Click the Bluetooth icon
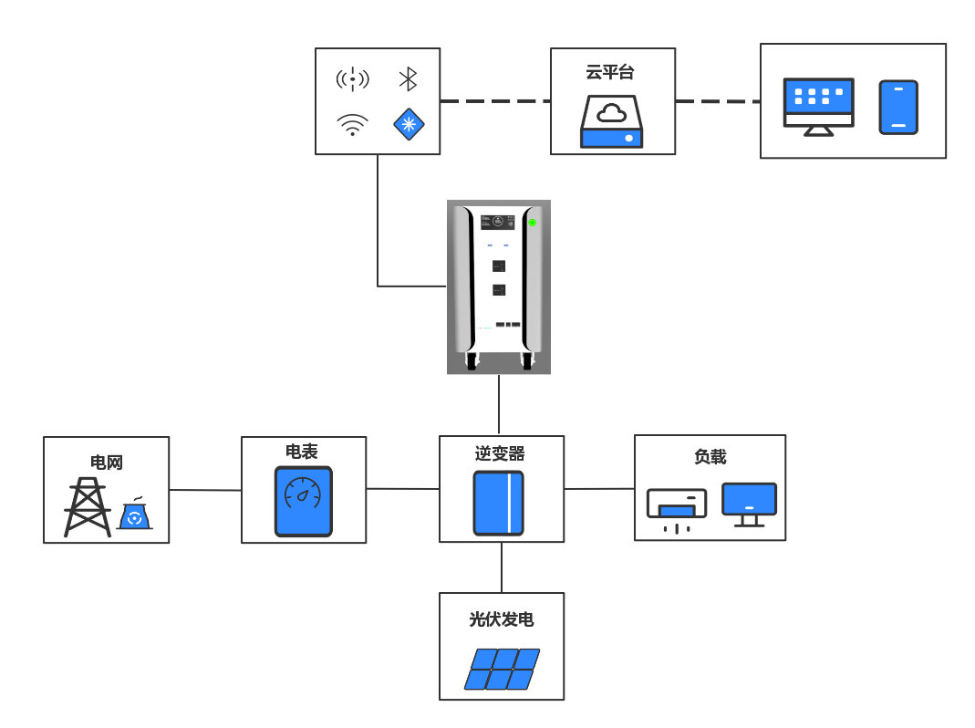tap(408, 79)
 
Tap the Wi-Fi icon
tap(352, 123)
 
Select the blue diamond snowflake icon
tap(409, 123)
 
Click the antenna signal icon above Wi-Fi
tap(352, 79)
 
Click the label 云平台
tap(610, 73)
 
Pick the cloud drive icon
tap(612, 123)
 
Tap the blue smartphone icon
tap(898, 107)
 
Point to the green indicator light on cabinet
tap(532, 223)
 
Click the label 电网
tap(107, 463)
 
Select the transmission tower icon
tap(88, 507)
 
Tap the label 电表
tap(302, 452)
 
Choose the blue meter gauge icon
tap(304, 501)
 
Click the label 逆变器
tap(500, 453)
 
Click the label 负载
tap(710, 457)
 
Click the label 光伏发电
tap(502, 620)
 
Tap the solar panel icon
tap(502, 669)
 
